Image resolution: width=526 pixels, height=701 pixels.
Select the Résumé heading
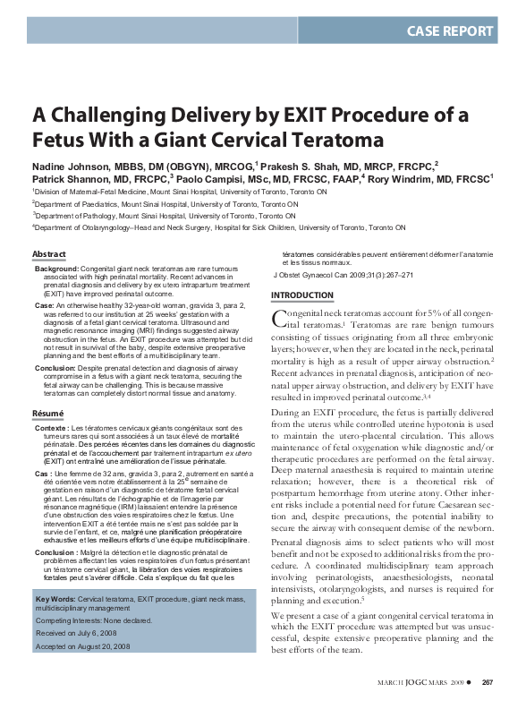(48, 415)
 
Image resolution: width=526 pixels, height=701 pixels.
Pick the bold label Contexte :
(55, 429)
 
